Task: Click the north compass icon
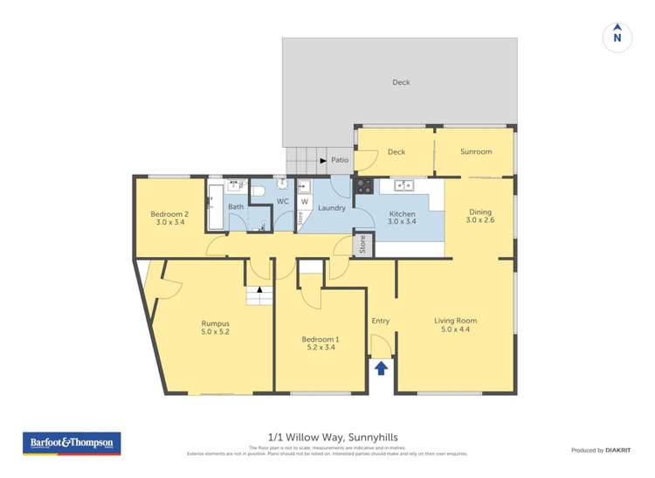(x=617, y=37)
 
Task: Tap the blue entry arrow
(x=381, y=368)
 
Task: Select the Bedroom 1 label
(x=320, y=343)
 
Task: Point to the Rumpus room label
(x=215, y=327)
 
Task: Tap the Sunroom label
(x=476, y=152)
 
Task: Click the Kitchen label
(x=402, y=218)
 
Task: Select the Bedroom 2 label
(x=169, y=218)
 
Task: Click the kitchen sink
(x=403, y=185)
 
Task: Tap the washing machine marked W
(x=305, y=201)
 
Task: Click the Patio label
(x=340, y=161)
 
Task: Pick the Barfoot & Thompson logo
(x=72, y=443)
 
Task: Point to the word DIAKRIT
(x=619, y=450)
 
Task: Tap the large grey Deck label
(x=400, y=83)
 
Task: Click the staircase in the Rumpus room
(x=259, y=295)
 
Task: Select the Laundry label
(x=332, y=208)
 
